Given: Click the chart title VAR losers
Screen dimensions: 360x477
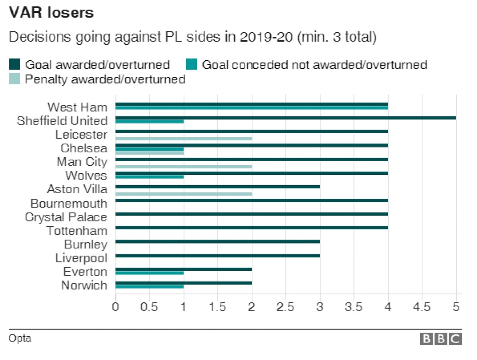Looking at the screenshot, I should click(51, 13).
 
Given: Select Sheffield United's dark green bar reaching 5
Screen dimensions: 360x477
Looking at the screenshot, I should click(286, 118).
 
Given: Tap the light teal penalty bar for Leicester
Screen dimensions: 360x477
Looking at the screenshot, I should click(184, 138).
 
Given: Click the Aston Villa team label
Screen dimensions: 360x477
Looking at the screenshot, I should click(77, 189).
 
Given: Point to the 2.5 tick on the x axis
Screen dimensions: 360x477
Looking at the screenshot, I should click(286, 307).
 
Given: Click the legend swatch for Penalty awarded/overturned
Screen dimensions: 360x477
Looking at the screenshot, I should click(14, 79).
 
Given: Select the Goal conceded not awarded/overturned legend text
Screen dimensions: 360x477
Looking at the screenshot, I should click(314, 64).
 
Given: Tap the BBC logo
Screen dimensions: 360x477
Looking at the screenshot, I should click(441, 339).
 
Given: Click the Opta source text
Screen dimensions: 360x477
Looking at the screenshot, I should click(20, 338).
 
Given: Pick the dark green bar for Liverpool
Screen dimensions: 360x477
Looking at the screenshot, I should click(218, 255).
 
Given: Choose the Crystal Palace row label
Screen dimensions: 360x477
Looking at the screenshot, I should click(66, 217).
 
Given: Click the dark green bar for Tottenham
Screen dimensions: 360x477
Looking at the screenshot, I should click(252, 228).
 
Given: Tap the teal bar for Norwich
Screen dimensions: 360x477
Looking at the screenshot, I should click(150, 286).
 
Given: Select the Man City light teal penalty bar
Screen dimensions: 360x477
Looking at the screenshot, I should click(184, 166).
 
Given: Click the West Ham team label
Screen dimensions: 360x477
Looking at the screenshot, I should click(77, 107).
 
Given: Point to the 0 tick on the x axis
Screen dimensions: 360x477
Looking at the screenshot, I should click(116, 307).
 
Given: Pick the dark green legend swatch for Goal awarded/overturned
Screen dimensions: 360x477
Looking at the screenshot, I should click(14, 64).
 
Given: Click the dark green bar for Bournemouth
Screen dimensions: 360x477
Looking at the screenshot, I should click(252, 200).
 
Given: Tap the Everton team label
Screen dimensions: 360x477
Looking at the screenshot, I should click(85, 272).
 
